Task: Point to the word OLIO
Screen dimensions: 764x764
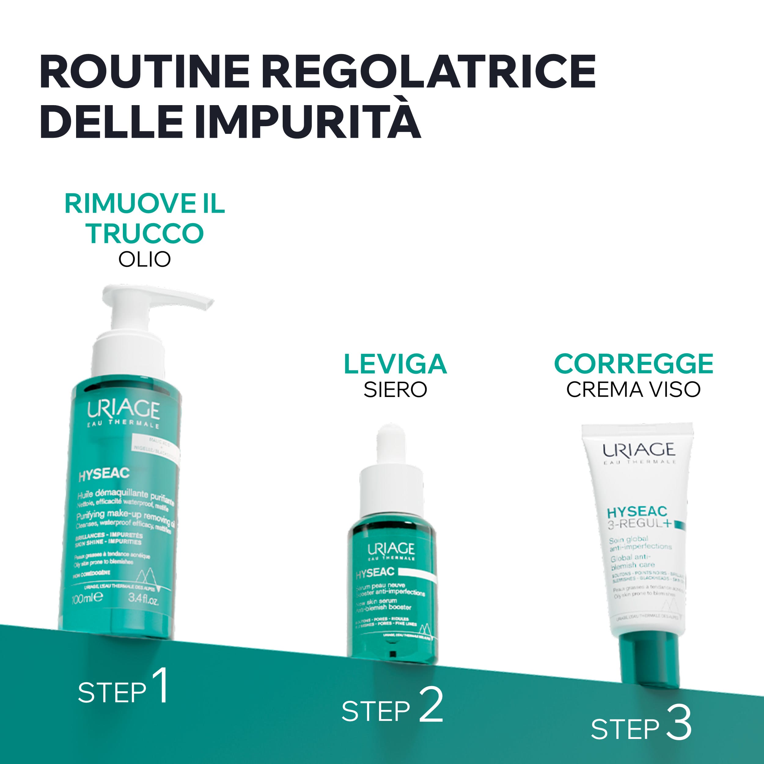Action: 145,259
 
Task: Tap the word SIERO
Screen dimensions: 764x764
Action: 395,390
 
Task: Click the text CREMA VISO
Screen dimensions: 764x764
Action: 634,390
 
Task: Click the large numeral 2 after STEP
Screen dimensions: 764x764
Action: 431,710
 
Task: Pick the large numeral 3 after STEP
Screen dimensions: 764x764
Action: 678,729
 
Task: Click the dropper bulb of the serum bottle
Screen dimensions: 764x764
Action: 391,443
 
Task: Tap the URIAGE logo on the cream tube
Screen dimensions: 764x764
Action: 639,450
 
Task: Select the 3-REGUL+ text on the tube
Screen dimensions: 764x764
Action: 639,523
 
